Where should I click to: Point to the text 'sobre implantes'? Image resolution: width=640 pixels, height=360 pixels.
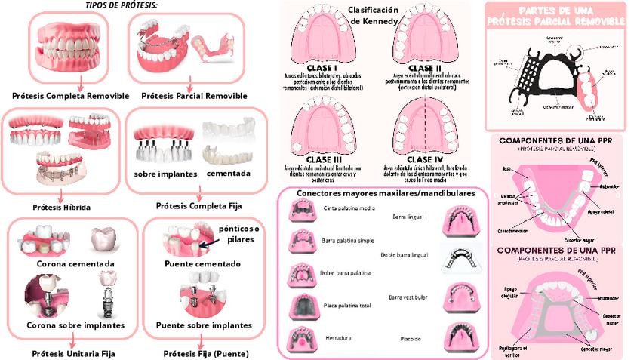(x=165, y=174)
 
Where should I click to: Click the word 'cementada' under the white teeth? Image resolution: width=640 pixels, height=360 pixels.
(x=228, y=174)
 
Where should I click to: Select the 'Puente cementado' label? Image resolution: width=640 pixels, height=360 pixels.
(x=202, y=264)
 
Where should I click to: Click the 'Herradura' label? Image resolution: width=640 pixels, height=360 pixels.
(x=339, y=337)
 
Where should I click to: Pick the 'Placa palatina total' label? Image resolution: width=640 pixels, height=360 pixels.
(x=346, y=306)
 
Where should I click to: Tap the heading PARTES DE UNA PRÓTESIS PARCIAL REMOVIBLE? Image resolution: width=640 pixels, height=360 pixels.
(x=555, y=17)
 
